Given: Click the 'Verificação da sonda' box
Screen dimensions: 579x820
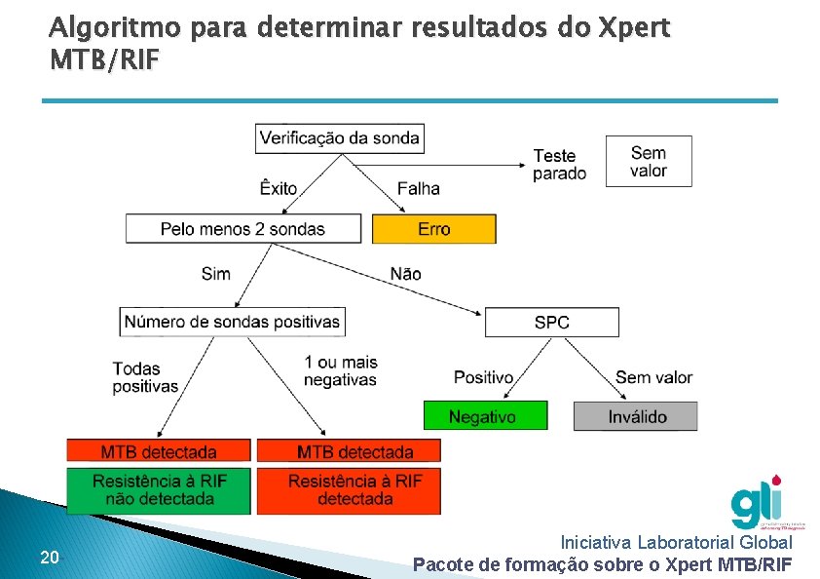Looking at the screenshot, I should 340,137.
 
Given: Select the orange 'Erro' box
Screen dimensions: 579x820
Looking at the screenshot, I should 434,229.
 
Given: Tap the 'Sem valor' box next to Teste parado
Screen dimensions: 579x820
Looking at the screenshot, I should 649,161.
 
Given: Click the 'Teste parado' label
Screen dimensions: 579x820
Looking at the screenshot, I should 559,164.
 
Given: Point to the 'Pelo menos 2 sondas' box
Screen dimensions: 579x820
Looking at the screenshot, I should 243,229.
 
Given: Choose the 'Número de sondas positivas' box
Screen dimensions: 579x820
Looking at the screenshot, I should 233,321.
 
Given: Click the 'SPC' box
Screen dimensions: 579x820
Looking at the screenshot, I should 551,322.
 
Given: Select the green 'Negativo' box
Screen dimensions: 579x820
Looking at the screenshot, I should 484,416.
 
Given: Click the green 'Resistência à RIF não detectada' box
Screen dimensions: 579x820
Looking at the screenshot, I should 159,490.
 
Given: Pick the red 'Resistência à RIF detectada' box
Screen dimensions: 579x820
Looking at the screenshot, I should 355,490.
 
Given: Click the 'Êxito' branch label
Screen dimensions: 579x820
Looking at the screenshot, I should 279,188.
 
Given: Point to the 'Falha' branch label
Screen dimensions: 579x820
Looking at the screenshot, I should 419,188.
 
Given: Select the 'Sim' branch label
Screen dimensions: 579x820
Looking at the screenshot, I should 216,273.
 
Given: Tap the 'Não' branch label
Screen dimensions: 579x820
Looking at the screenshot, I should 405,273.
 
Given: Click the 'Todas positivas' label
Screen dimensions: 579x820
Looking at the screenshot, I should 145,377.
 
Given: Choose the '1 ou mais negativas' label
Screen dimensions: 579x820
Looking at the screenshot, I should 340,370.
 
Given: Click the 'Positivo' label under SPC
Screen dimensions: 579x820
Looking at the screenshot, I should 483,377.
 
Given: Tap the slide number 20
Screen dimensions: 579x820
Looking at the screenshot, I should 51,558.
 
